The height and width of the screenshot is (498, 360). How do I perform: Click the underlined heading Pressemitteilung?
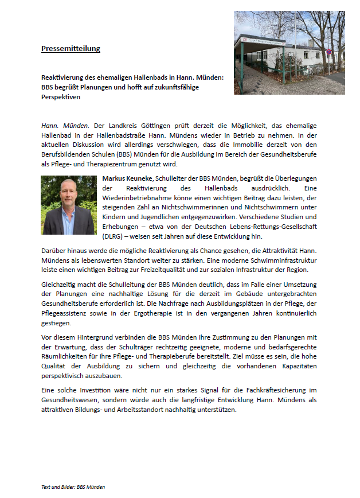tap(71, 49)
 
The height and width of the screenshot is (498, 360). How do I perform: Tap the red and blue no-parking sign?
tap(328, 52)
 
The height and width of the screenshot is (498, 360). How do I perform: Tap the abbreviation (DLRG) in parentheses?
tap(115, 236)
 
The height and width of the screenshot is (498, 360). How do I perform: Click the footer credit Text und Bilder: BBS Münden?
tap(73, 487)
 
